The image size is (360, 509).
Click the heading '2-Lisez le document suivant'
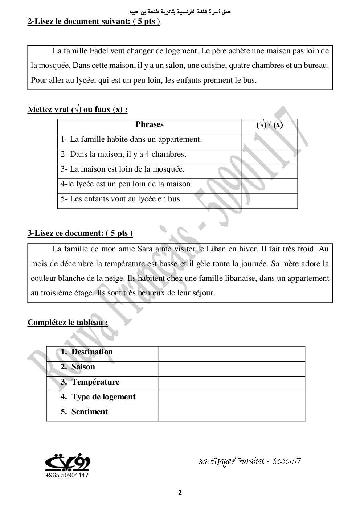pos(93,21)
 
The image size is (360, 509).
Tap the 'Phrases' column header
pos(149,124)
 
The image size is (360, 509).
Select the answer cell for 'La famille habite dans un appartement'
pos(269,141)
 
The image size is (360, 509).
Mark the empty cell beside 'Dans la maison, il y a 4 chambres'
pos(269,156)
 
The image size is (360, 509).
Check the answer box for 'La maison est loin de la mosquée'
pos(269,171)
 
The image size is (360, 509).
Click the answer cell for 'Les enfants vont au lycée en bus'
pos(269,201)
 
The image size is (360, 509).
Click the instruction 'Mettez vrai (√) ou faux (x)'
pos(77,110)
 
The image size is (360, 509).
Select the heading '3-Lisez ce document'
pos(80,233)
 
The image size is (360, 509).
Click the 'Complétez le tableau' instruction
pos(67,323)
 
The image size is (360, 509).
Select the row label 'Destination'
pos(92,352)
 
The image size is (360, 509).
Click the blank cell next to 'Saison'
pos(231,369)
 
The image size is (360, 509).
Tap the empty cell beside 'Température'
pos(231,383)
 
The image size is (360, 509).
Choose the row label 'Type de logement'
pos(103,397)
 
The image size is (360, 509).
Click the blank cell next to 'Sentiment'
pos(231,413)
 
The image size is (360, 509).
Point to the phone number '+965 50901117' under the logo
pos(67,475)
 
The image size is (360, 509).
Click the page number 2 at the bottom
pos(180,493)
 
